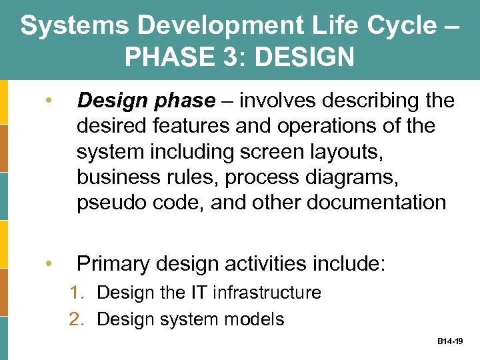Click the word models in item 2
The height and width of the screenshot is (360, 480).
[x=257, y=319]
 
